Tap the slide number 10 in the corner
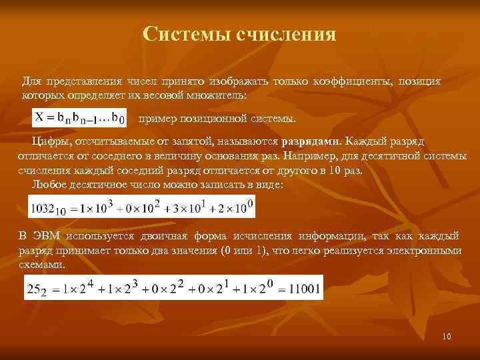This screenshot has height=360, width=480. (447, 336)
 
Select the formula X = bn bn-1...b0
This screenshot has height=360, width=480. (79, 119)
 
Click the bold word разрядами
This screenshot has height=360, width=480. (311, 141)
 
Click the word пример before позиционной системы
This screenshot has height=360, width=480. (156, 119)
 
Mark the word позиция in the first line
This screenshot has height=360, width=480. (419, 81)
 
